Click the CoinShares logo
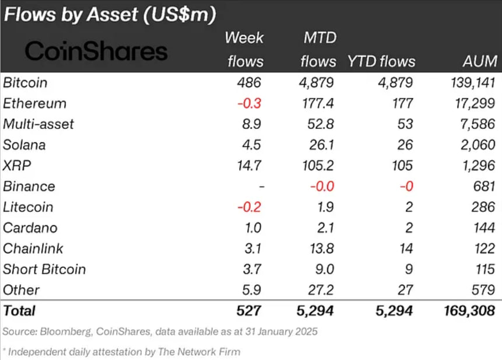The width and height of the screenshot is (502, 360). (x=96, y=51)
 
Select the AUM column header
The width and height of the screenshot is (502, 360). (x=480, y=61)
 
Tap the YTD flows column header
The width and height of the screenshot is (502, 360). (x=381, y=61)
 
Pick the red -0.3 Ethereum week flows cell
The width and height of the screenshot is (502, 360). (x=250, y=103)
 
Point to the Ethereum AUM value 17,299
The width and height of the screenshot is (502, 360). (x=475, y=103)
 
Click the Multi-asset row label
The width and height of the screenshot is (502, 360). (x=38, y=124)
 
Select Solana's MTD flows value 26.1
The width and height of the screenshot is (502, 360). (x=320, y=145)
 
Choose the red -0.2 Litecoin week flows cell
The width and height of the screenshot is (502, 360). (x=250, y=207)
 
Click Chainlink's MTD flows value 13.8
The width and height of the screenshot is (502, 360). (x=320, y=249)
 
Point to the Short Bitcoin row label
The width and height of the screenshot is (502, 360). (x=44, y=269)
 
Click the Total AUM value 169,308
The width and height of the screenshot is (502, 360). (x=469, y=311)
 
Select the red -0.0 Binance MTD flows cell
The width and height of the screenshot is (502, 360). (x=320, y=187)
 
